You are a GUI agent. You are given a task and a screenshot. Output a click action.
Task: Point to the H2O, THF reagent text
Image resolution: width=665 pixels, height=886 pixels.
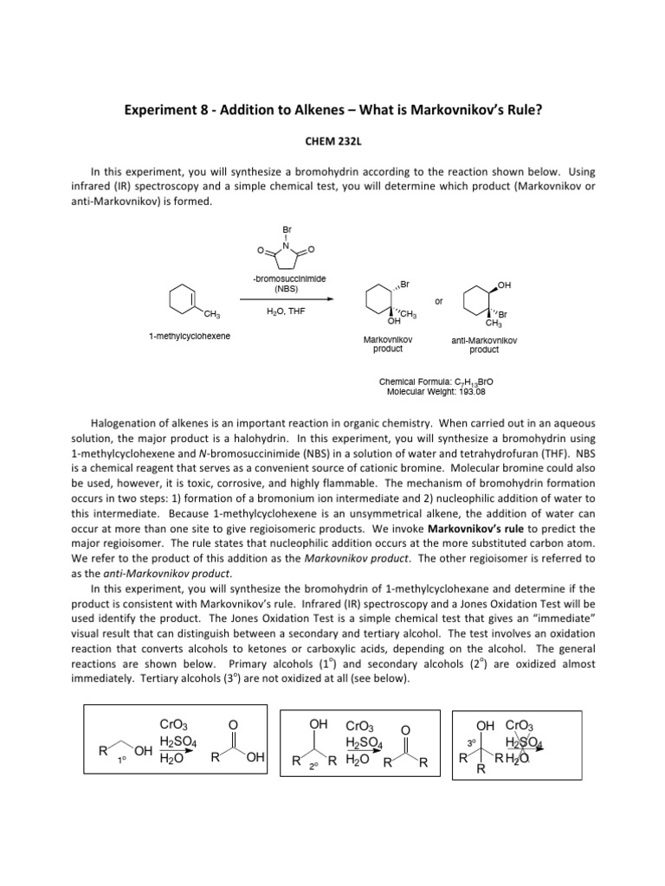tap(287, 309)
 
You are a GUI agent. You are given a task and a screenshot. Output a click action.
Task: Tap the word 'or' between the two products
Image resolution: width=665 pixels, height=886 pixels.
tap(439, 301)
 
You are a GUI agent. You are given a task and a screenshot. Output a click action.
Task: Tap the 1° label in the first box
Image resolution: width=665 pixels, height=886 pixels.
tap(122, 761)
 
